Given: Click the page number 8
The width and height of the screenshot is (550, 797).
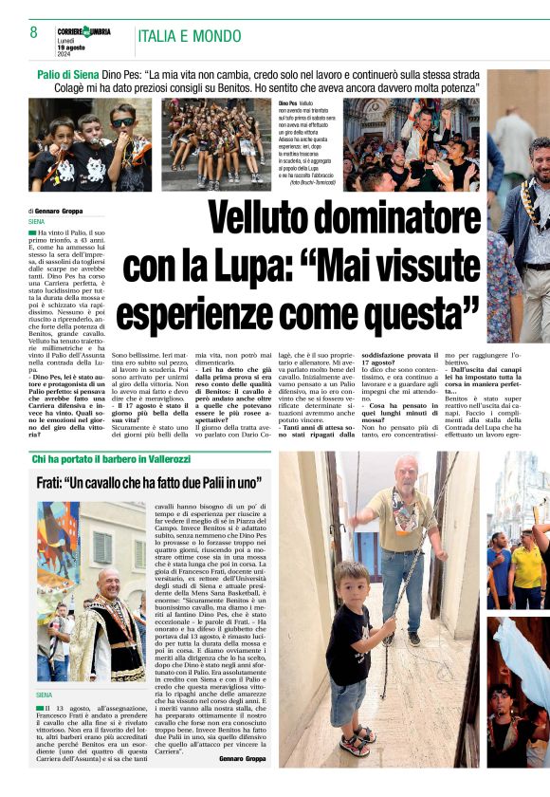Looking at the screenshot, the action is [33, 34].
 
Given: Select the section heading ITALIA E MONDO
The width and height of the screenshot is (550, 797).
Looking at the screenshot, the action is [190, 37].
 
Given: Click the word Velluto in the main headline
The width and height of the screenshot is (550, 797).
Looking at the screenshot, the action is [260, 217].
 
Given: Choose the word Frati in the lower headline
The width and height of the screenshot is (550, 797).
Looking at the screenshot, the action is [59, 483].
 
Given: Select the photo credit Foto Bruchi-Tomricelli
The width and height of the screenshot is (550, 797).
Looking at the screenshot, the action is [310, 183].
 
